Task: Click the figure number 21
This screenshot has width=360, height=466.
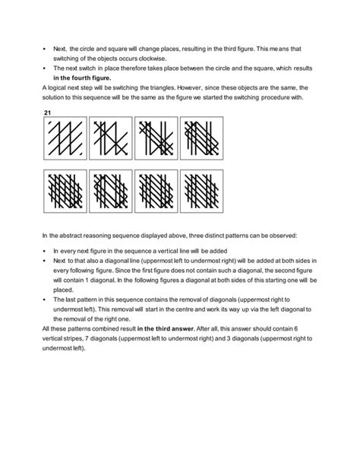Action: [48, 113]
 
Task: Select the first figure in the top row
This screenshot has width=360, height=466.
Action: [65, 138]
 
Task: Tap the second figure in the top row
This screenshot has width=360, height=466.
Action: [111, 138]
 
